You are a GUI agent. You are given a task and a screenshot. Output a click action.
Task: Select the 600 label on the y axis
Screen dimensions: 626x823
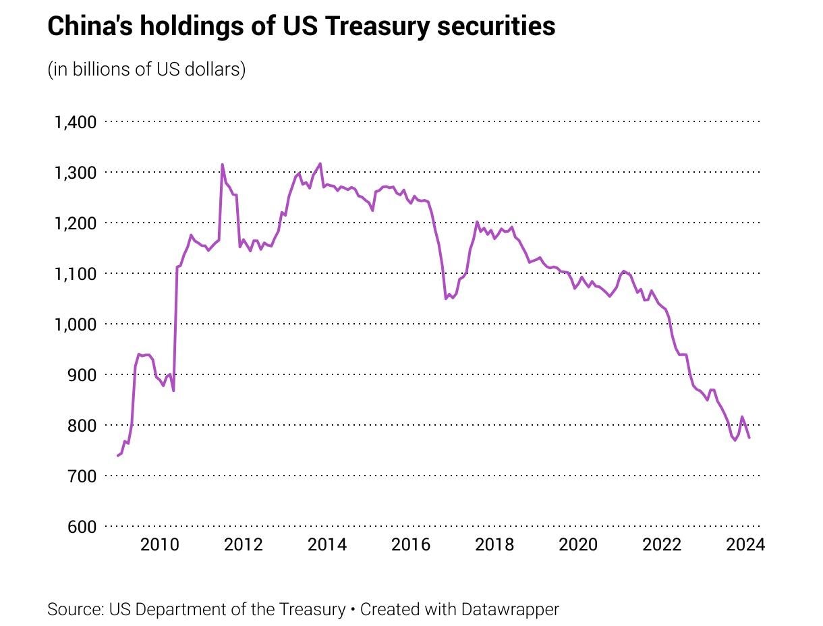click(x=82, y=526)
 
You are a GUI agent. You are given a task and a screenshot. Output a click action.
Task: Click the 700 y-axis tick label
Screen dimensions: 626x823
click(x=82, y=476)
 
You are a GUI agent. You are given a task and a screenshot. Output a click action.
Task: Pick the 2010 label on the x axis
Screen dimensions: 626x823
click(x=159, y=544)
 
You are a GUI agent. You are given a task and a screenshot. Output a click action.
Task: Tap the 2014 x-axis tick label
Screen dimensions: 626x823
click(x=327, y=544)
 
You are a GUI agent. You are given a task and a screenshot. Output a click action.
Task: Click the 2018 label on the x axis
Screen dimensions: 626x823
click(x=494, y=544)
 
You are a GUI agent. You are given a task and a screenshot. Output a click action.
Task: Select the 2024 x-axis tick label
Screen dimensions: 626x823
click(x=745, y=544)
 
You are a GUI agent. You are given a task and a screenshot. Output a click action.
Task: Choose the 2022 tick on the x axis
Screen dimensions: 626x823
click(x=662, y=544)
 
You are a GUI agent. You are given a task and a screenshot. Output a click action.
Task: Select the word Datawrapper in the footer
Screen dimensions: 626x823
click(x=510, y=610)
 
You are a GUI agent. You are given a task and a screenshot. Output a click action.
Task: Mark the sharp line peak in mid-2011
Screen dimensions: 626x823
click(x=222, y=165)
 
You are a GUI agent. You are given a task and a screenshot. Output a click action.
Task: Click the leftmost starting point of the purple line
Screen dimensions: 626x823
click(x=117, y=456)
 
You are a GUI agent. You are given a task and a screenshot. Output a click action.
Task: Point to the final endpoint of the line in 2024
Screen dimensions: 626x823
click(x=749, y=438)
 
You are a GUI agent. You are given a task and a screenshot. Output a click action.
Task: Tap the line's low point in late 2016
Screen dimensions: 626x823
click(x=446, y=298)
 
